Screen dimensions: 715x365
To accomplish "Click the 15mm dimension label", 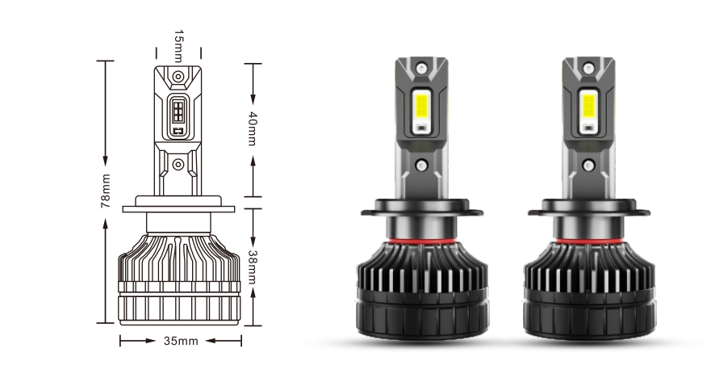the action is coord(179,46).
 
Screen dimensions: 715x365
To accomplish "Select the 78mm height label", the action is coord(106,191).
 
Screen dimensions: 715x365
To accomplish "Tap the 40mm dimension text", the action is coord(252,128).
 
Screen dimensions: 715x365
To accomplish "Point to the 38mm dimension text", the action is coord(252,267).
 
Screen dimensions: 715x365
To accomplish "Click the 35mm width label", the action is coord(181,341).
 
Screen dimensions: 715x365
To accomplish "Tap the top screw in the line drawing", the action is coord(178,77).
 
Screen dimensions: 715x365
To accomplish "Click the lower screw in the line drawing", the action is coord(178,164).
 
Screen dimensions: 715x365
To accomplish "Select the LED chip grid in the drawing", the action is coord(178,111).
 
